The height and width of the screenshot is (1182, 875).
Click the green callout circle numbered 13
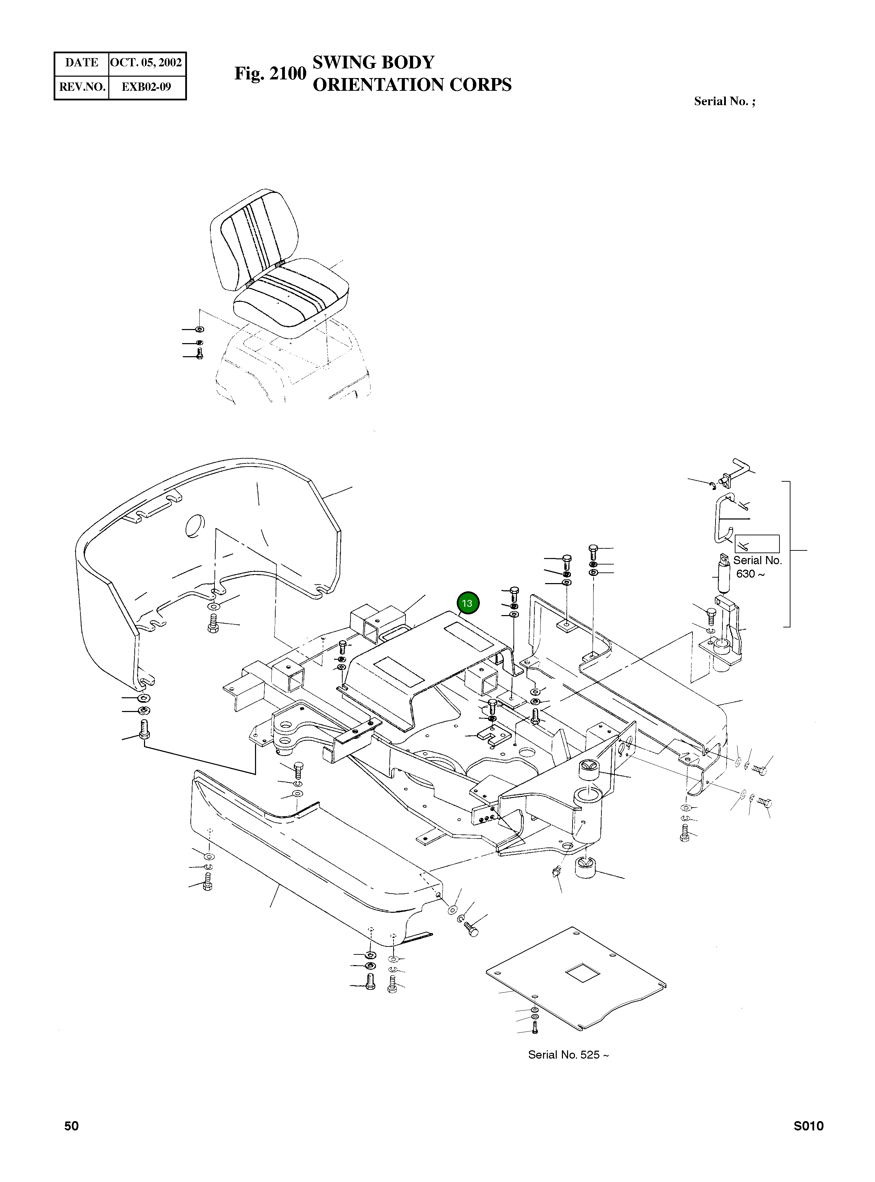[467, 603]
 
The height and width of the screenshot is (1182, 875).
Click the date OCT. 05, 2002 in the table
[146, 63]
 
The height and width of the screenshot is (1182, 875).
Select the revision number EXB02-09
[146, 87]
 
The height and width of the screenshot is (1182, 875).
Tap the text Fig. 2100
[270, 73]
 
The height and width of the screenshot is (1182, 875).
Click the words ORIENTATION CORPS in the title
[412, 85]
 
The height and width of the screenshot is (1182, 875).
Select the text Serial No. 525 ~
[568, 1054]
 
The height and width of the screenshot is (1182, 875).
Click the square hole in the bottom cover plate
[583, 973]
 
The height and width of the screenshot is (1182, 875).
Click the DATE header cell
[81, 63]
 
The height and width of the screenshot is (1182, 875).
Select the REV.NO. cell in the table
[81, 87]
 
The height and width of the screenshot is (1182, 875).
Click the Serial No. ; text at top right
[724, 101]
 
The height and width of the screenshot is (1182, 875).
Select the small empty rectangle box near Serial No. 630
[757, 544]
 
